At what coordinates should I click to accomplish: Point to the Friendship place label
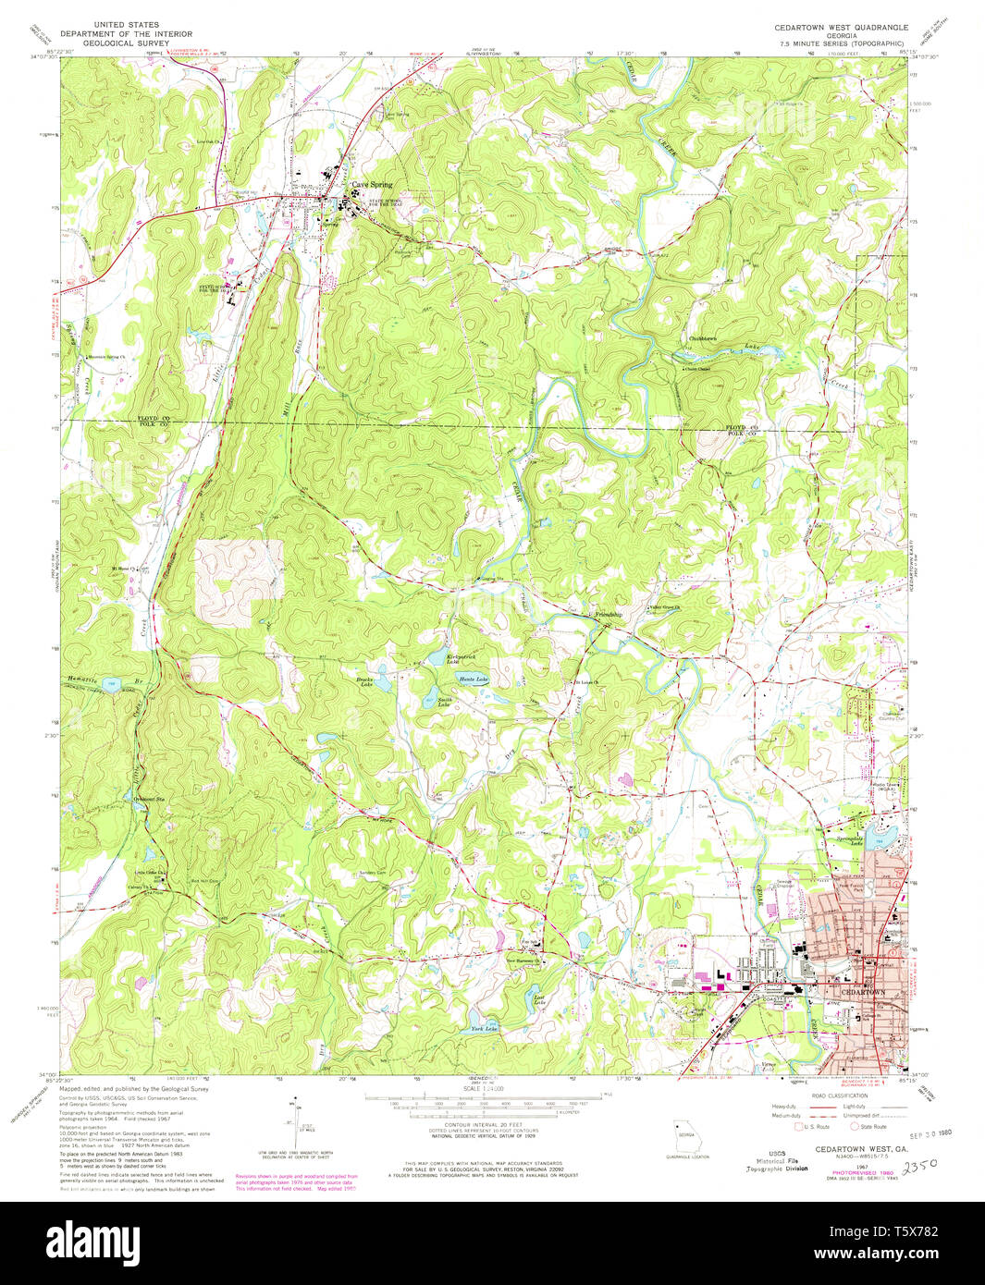608,614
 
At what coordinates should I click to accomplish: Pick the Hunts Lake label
474,679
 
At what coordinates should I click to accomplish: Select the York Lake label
484,1028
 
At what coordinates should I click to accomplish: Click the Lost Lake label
539,998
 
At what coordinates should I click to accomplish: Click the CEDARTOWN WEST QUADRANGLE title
841,28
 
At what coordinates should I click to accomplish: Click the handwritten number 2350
926,1168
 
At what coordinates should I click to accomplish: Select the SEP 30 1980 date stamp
930,1134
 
